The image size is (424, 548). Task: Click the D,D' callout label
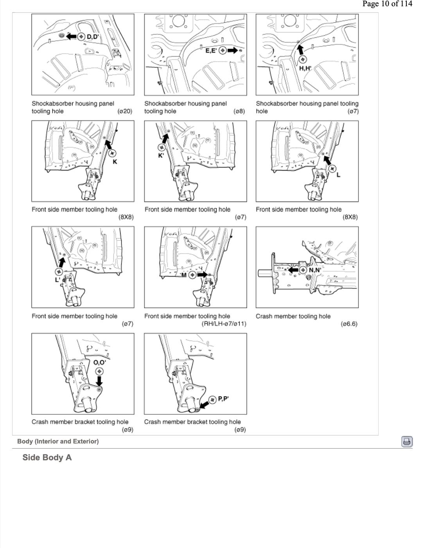tap(93, 37)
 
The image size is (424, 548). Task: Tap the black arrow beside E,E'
tap(232, 50)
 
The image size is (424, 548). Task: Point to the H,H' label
tap(305, 68)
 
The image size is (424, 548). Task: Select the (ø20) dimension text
tap(125, 111)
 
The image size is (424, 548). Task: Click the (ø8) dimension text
tap(239, 111)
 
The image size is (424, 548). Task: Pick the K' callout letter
tap(161, 155)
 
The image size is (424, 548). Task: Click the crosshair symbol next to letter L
tap(332, 169)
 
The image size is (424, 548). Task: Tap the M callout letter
tap(184, 275)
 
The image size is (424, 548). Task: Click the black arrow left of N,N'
tap(293, 270)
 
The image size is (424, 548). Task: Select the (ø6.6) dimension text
tap(349, 324)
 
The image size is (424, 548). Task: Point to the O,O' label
tap(99, 362)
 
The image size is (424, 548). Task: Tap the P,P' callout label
tap(223, 399)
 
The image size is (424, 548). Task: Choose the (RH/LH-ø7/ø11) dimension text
tap(224, 324)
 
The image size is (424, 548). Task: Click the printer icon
tap(407, 442)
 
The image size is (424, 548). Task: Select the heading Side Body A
tap(47, 458)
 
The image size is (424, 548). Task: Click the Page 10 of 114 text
tap(387, 4)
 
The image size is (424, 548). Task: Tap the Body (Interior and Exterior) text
tap(58, 441)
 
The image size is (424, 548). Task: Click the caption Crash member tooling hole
tap(293, 316)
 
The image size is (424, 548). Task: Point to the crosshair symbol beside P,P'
tap(212, 400)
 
